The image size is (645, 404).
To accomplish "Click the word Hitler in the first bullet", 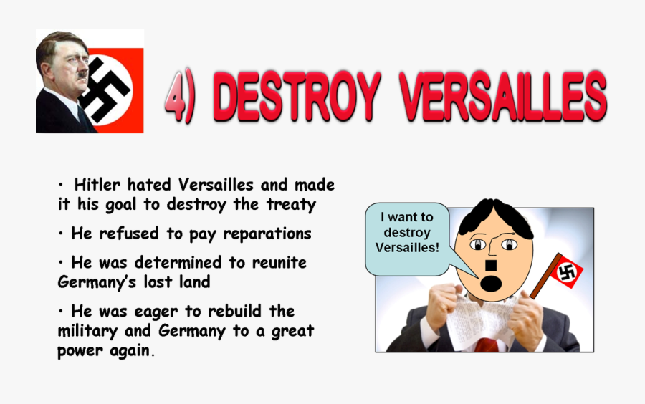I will click(101, 185).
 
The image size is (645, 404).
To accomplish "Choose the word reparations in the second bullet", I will click(267, 234).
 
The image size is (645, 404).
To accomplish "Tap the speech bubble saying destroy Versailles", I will click(408, 233).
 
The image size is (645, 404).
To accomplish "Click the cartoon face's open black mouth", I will click(490, 284).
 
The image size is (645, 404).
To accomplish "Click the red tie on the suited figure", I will click(487, 344).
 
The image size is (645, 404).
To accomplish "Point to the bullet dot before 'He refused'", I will click(62, 234).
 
